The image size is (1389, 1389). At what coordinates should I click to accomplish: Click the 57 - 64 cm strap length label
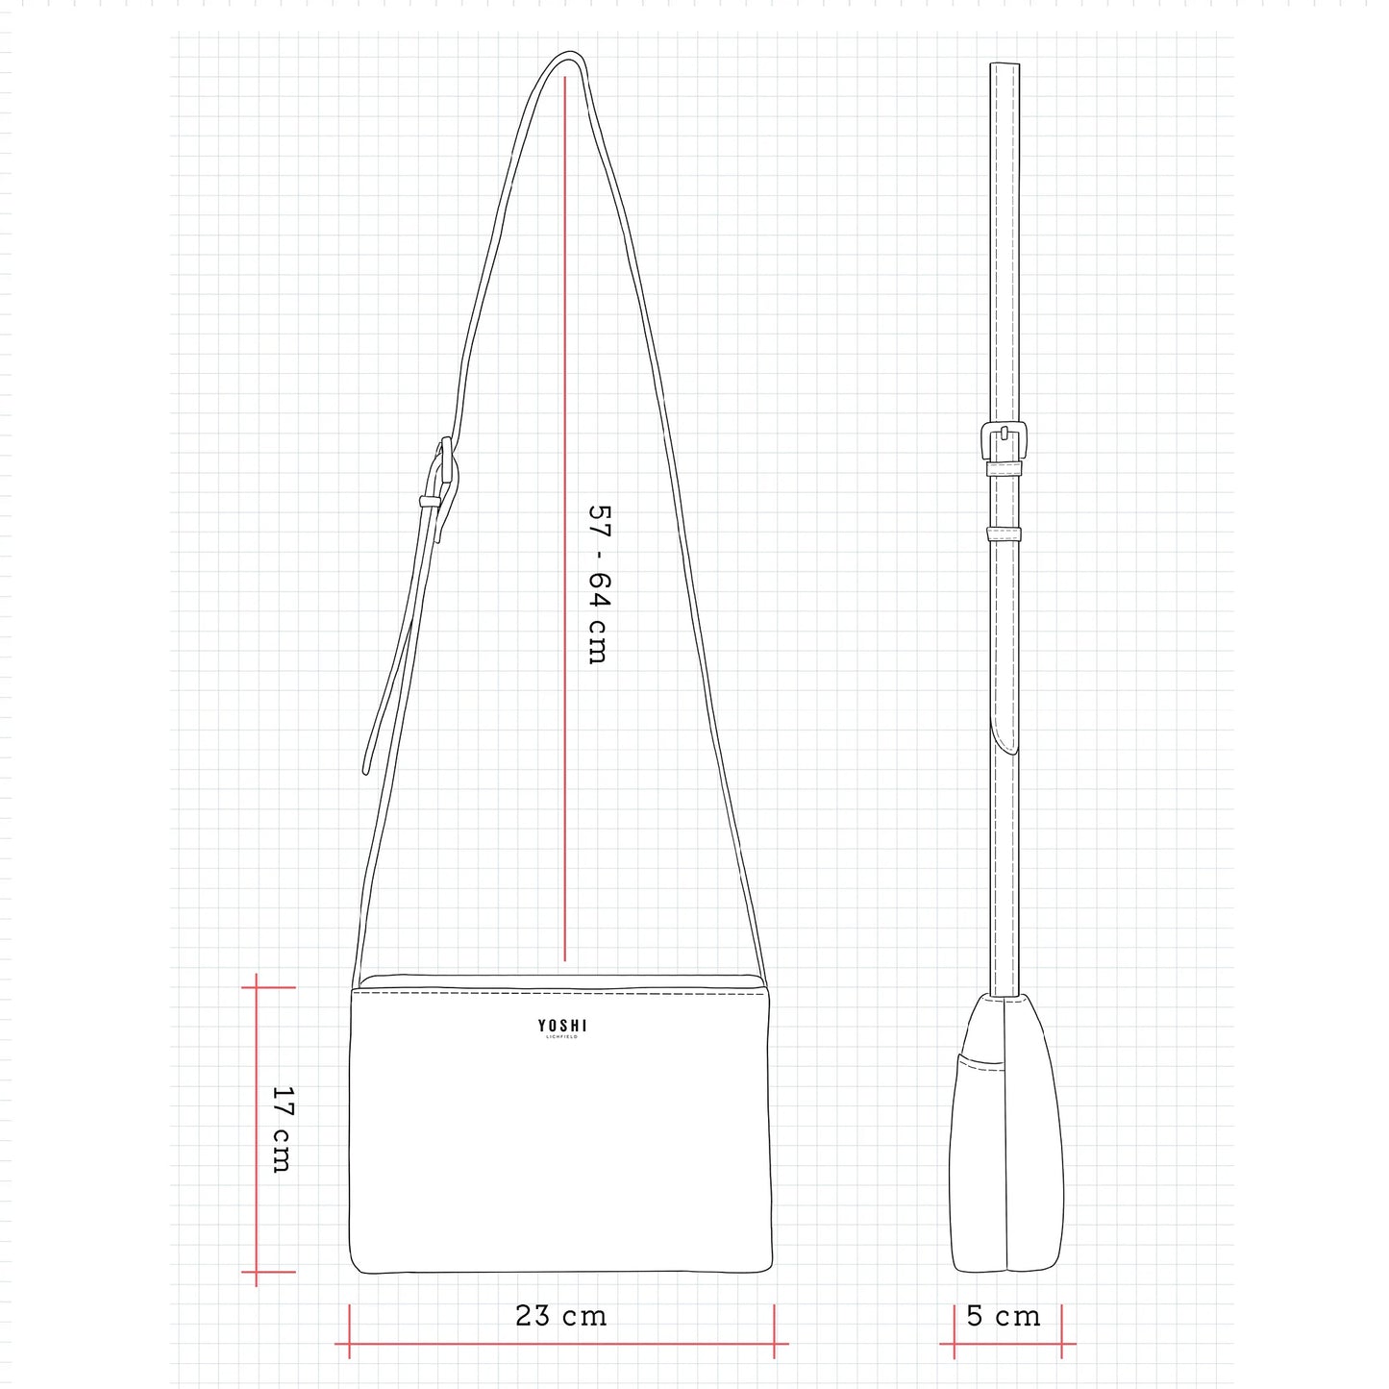click(x=600, y=583)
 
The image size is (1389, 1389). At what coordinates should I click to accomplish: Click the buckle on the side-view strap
click(x=1004, y=440)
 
